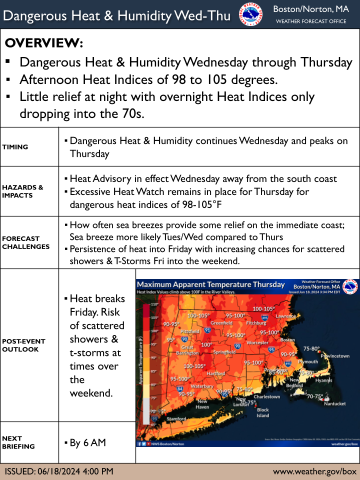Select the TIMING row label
point(15,147)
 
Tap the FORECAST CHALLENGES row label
point(25,242)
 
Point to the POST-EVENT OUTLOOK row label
point(23,345)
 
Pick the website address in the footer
point(314,471)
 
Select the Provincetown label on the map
point(334,355)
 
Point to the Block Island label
point(262,412)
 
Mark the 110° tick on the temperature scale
point(154,304)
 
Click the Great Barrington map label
point(187,350)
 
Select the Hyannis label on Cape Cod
point(323,380)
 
